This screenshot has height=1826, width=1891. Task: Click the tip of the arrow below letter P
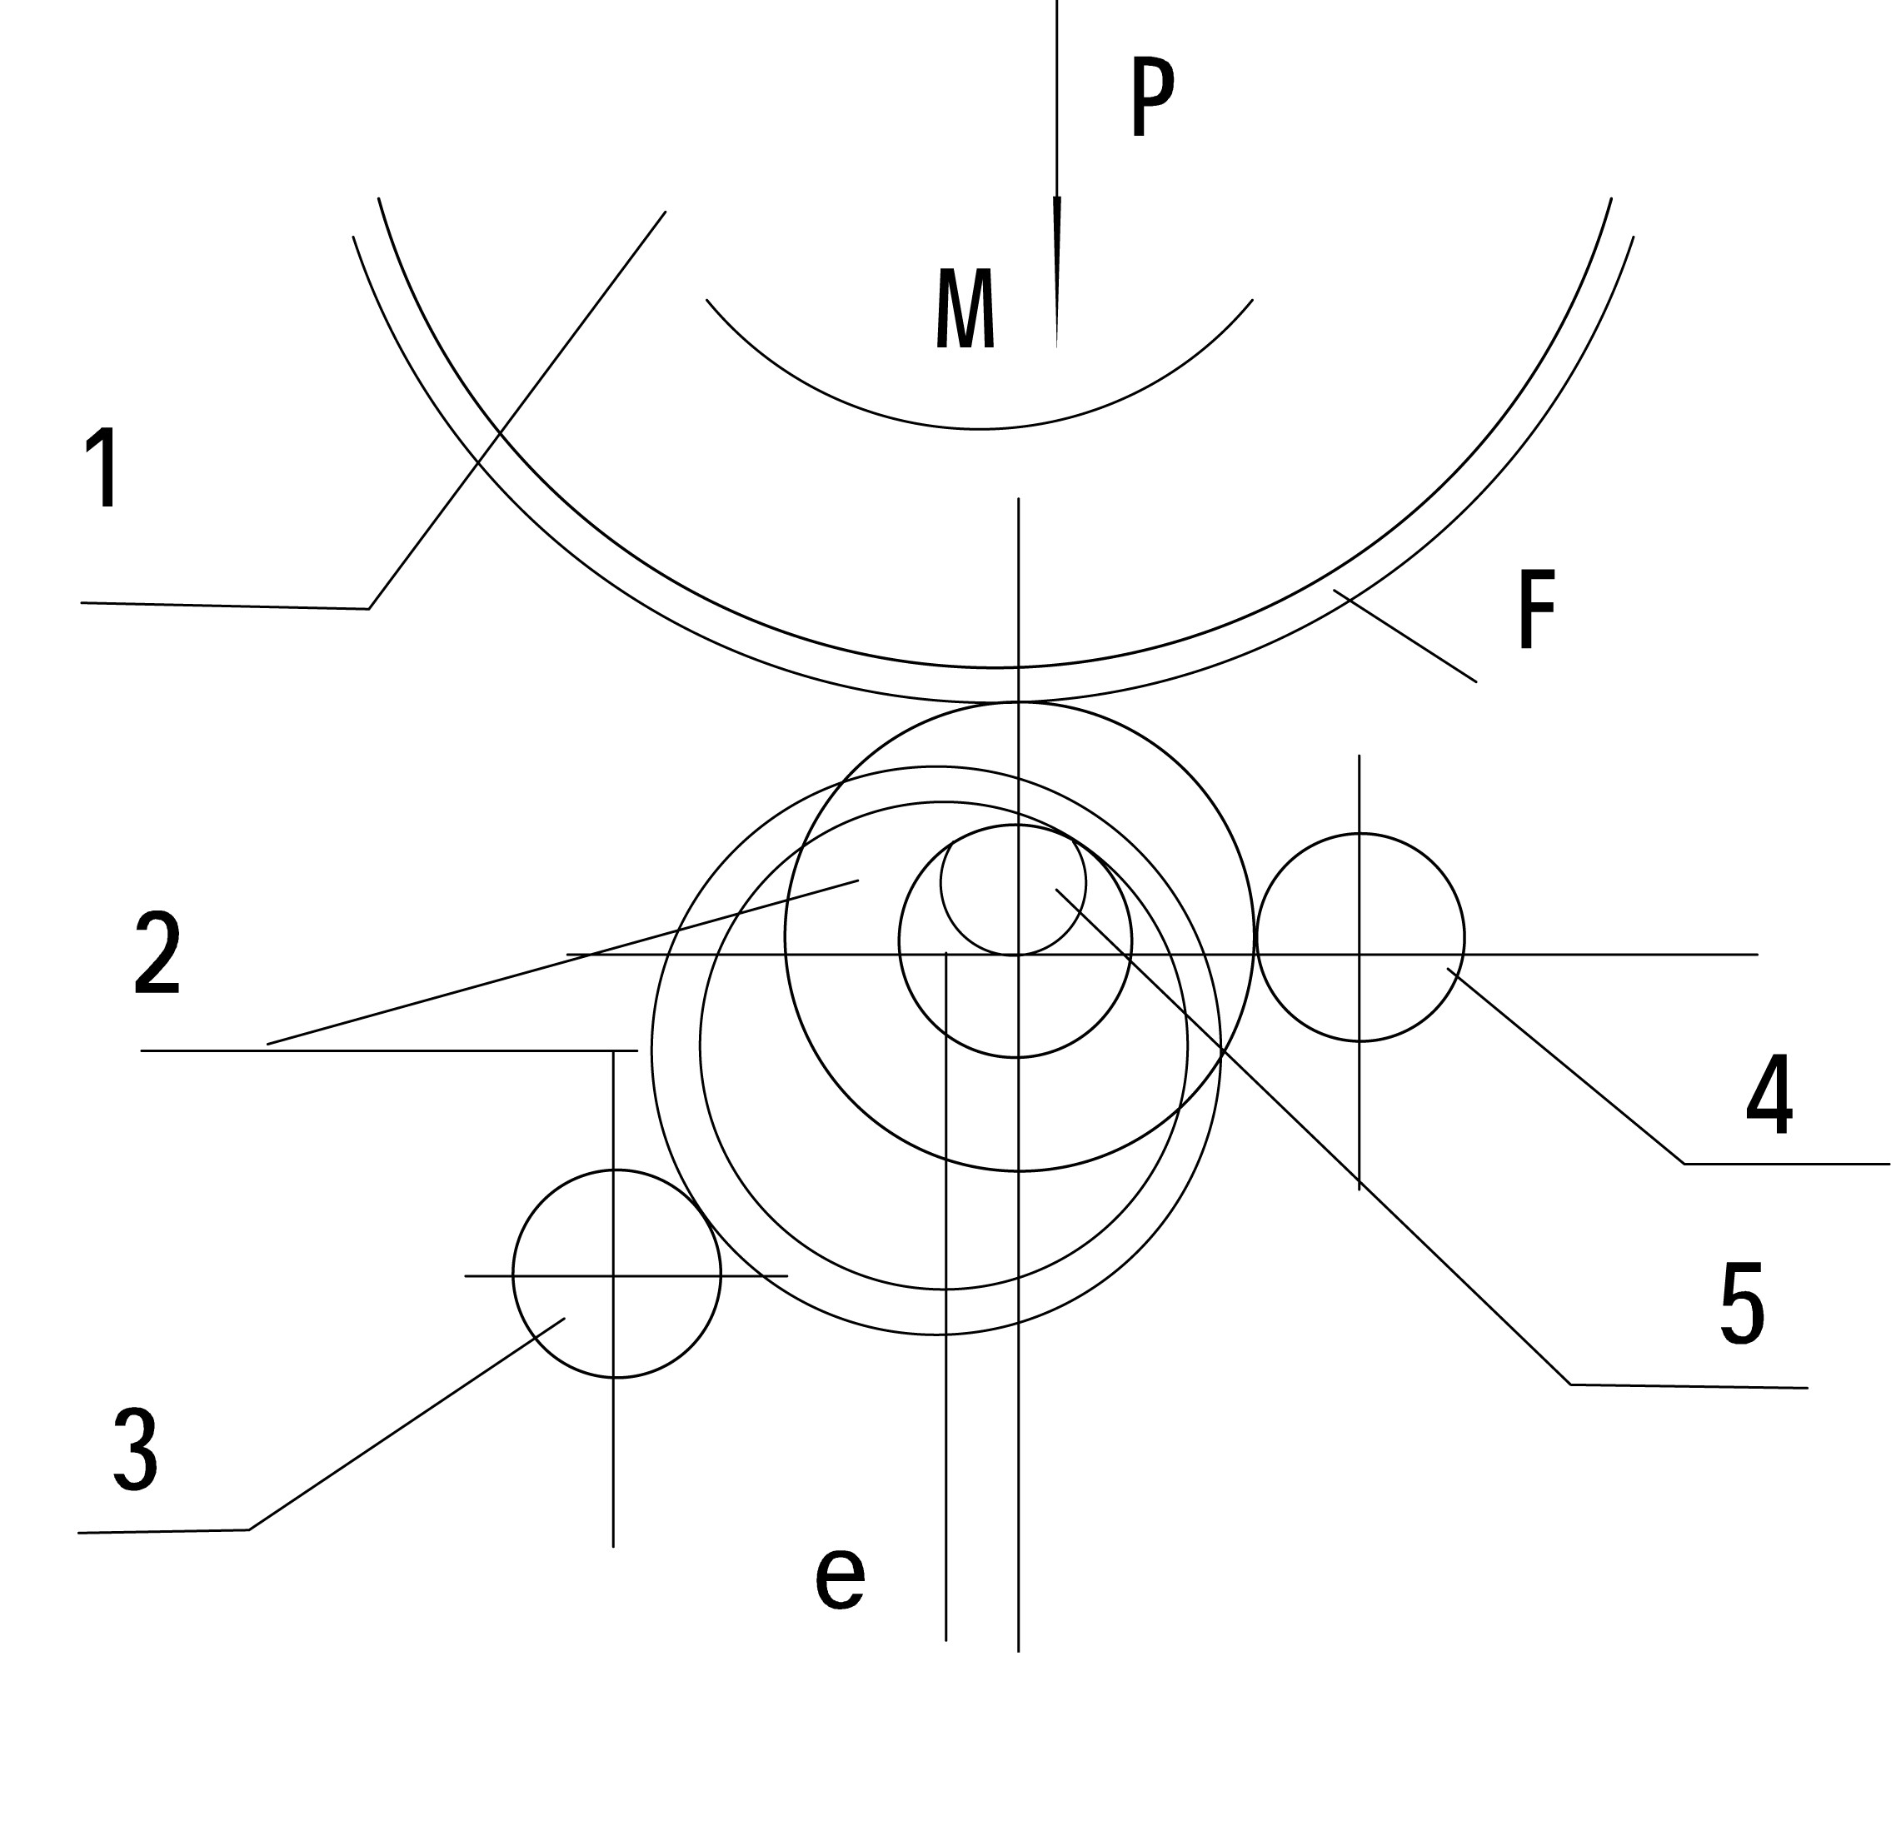coord(1056,346)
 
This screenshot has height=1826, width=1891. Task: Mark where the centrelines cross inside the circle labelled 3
coord(614,1275)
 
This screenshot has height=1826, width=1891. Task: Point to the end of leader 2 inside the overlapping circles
coord(859,880)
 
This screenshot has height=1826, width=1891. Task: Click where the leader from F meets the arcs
coord(1335,591)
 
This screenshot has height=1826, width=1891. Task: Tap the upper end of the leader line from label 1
coord(666,212)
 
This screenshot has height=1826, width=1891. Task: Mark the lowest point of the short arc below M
coord(980,429)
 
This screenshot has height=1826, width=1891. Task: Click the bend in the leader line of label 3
coord(249,1529)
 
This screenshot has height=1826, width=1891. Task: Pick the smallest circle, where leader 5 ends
coord(1013,883)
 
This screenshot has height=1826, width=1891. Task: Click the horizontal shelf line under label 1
coord(225,606)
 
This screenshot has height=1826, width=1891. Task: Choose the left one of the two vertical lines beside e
coord(946,1296)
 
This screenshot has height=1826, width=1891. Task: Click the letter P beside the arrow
coord(1152,97)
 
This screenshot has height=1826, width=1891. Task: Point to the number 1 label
coord(104,468)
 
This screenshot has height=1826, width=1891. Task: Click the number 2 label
coord(158,953)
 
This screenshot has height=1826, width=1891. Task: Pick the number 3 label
coord(135,1449)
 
